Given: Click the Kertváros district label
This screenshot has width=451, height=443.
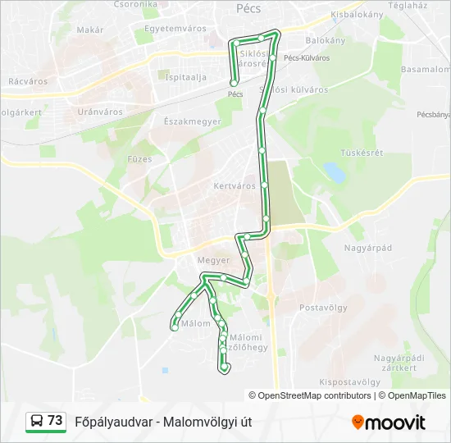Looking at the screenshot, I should [235, 185].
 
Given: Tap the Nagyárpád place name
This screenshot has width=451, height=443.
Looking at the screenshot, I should [368, 247].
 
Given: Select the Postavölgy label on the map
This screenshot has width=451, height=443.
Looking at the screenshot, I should [324, 308].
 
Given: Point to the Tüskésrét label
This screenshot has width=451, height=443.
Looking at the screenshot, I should [362, 153].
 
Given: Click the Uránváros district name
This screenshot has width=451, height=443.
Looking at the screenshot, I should [100, 112].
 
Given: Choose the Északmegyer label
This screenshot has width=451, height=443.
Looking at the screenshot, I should [187, 121].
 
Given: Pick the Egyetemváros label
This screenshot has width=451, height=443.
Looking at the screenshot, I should [175, 28].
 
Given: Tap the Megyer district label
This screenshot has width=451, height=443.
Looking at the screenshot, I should [213, 260].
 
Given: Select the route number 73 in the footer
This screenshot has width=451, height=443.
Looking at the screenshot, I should [55, 421].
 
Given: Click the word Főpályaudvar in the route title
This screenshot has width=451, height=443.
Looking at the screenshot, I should [112, 422].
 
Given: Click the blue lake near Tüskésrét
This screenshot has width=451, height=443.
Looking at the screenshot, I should [334, 171].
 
